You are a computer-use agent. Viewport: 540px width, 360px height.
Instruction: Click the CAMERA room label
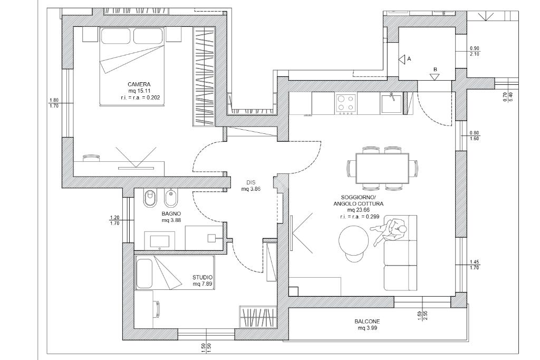[139, 84]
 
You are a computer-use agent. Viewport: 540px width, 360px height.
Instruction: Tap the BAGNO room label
[171, 213]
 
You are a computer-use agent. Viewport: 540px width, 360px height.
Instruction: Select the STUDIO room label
[202, 277]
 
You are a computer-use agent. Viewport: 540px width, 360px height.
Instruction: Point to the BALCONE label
[367, 322]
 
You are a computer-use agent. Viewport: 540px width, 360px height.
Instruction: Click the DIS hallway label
[250, 183]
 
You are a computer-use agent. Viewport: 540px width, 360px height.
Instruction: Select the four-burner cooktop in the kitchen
[346, 104]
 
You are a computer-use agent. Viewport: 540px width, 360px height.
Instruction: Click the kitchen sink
[392, 103]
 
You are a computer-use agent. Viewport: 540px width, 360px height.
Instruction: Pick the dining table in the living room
[382, 169]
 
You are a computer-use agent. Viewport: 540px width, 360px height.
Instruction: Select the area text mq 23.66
[358, 210]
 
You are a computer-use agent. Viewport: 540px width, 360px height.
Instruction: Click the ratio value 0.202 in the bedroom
[153, 98]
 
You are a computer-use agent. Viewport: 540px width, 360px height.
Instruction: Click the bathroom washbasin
[159, 240]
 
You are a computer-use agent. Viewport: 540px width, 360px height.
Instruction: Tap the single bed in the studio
[175, 272]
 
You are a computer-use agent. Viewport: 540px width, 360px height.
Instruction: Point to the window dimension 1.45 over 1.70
[474, 265]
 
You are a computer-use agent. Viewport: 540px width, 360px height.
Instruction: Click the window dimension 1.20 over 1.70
[114, 220]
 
